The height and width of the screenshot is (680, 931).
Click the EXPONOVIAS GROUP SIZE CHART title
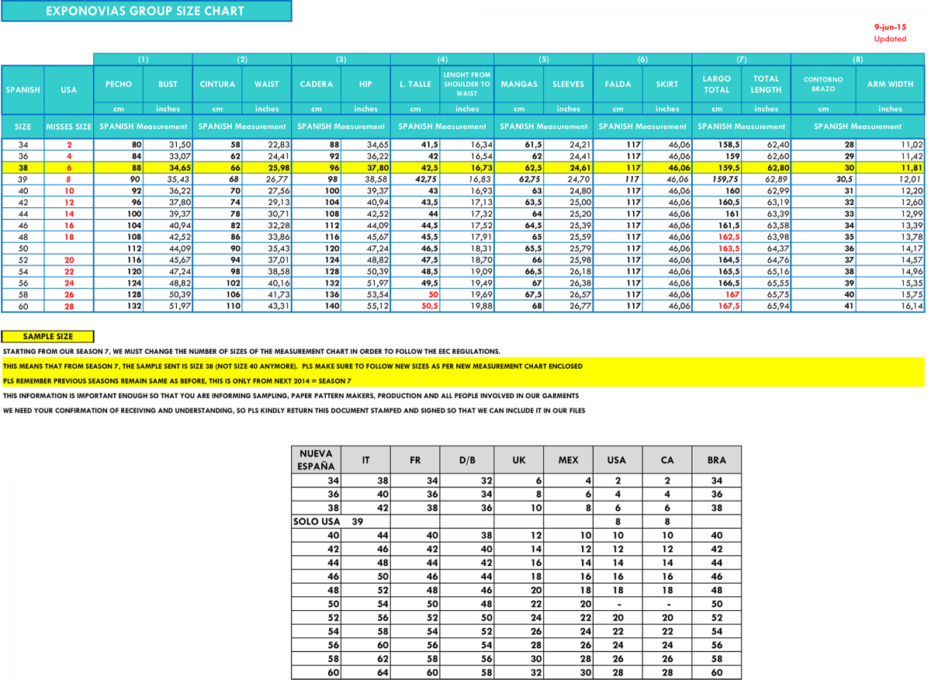[x=145, y=11]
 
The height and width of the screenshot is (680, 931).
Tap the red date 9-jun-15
[x=890, y=26]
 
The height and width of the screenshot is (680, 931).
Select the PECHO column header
[x=119, y=84]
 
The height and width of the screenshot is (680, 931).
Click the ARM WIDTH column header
[x=890, y=84]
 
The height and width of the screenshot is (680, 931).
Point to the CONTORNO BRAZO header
[x=823, y=84]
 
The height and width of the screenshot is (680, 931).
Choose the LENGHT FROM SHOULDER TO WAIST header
[x=467, y=84]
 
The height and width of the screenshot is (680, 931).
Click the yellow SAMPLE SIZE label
[x=48, y=336]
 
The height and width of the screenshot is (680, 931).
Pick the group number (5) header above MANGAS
[x=543, y=59]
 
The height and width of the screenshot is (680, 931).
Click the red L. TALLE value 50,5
[x=428, y=307]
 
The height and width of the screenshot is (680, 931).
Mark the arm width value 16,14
[x=912, y=307]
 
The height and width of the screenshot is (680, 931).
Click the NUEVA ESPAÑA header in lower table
[x=317, y=460]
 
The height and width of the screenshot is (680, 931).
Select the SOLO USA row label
[x=317, y=521]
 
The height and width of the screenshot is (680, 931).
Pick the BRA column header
[x=716, y=460]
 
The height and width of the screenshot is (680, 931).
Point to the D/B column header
[x=467, y=460]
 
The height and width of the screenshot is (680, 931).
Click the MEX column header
[x=568, y=460]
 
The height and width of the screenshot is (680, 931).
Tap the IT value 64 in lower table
[x=382, y=672]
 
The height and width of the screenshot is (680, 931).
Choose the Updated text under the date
[x=890, y=39]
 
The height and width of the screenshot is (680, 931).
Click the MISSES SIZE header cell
[x=69, y=126]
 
